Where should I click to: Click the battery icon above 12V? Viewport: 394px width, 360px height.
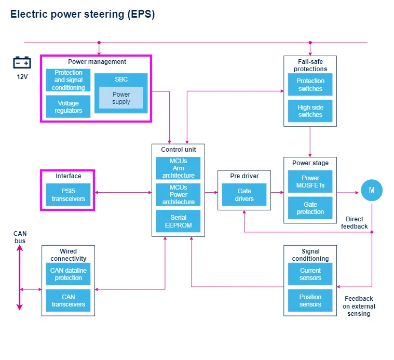pos(22,63)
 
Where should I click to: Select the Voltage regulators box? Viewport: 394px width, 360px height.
pos(68,106)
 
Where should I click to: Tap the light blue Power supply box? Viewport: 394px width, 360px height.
pos(121,98)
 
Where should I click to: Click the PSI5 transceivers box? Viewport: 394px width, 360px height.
pos(68,195)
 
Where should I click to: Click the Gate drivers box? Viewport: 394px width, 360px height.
pos(244,195)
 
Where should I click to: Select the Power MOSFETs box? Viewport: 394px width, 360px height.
pos(310,182)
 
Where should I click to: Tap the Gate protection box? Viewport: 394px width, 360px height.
pos(310,208)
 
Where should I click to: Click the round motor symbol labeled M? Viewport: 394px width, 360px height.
pos(372,191)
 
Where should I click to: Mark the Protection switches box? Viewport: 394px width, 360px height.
pos(310,85)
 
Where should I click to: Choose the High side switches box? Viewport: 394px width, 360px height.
pos(310,111)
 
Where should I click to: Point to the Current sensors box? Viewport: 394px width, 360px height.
pos(310,274)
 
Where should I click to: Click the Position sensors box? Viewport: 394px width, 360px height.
pos(310,301)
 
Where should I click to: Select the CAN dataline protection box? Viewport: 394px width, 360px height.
pos(68,274)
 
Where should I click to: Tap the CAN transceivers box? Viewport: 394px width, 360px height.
pos(68,301)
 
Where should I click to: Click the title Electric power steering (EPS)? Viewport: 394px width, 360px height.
pos(83,15)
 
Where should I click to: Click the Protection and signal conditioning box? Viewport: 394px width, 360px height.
pos(68,81)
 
